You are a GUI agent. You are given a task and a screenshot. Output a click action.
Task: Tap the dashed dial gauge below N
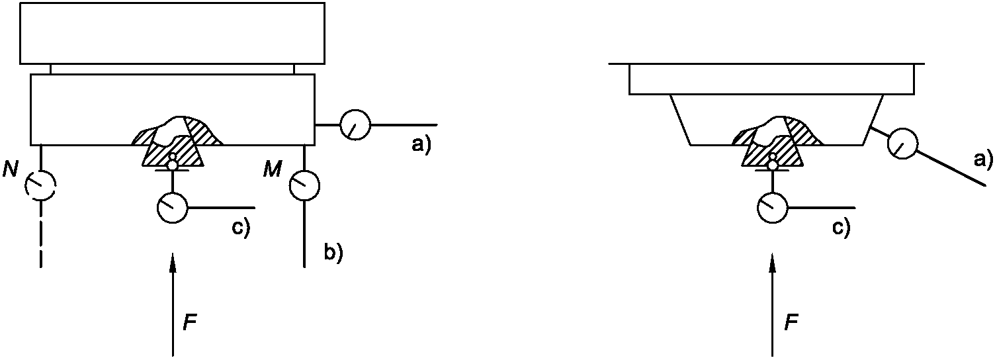(x=40, y=186)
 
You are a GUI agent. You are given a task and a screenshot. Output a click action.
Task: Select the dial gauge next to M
(x=305, y=185)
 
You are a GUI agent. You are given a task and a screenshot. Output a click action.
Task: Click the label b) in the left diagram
(x=333, y=252)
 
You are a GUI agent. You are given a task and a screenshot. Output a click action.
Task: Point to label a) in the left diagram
(x=421, y=145)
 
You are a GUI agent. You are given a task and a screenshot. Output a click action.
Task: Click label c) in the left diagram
(x=240, y=228)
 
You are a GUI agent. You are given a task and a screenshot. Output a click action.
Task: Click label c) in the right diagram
(x=840, y=228)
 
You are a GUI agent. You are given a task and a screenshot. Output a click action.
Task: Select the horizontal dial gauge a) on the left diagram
(x=355, y=124)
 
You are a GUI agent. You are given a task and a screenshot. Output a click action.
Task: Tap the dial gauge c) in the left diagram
(x=173, y=208)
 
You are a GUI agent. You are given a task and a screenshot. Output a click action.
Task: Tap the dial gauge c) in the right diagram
(x=772, y=208)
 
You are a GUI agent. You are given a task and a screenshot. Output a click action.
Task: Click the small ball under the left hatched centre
(x=173, y=163)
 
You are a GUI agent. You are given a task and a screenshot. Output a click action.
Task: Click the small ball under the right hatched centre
(x=772, y=163)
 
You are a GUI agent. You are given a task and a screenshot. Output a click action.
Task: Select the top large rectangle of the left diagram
(x=172, y=33)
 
